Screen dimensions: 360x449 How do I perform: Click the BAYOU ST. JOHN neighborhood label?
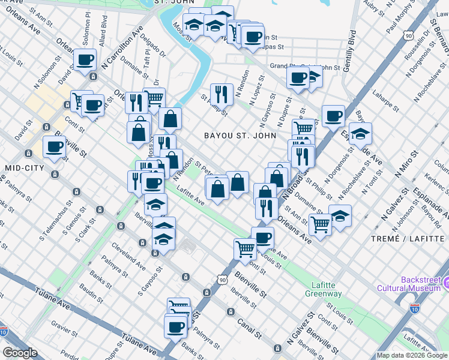(x=240, y=136)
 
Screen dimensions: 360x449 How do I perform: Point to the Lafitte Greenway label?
(x=327, y=289)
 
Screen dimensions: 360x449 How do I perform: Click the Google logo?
(x=20, y=352)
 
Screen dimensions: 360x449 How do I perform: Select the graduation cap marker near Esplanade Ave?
(x=360, y=134)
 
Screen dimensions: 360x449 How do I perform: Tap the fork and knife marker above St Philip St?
(x=221, y=93)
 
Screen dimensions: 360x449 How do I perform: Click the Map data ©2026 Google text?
(x=412, y=355)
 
